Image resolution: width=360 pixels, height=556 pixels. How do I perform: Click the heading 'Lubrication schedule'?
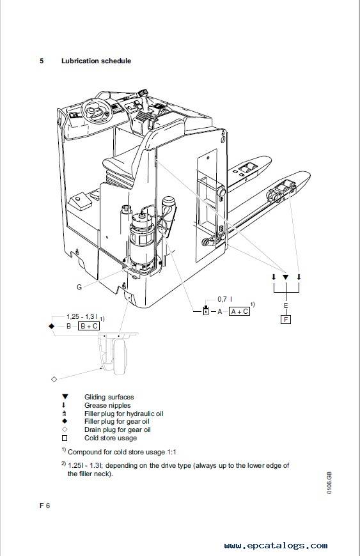[96, 61]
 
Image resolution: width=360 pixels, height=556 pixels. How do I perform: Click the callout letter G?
[79, 287]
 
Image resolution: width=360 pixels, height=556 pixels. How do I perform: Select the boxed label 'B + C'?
[89, 326]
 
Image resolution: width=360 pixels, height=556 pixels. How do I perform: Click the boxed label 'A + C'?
[239, 311]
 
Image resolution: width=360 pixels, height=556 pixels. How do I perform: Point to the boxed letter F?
[286, 320]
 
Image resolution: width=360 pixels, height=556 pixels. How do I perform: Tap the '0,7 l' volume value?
[225, 300]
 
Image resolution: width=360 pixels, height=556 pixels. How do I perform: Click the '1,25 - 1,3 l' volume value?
[83, 316]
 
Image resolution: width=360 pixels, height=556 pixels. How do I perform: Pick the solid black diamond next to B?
[52, 326]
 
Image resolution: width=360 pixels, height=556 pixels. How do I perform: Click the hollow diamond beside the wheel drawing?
[54, 379]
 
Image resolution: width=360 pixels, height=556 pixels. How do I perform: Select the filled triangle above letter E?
[286, 277]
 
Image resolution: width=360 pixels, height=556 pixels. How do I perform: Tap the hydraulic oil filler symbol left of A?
[206, 311]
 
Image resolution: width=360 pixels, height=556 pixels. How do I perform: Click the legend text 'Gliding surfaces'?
[109, 397]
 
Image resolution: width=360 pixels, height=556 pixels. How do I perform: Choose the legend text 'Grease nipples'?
[107, 405]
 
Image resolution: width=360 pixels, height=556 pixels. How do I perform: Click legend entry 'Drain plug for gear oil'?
[118, 429]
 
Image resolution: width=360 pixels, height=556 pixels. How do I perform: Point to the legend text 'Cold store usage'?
[111, 438]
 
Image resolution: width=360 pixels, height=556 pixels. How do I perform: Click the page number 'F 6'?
[45, 506]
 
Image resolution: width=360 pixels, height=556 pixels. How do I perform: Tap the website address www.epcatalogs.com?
[276, 545]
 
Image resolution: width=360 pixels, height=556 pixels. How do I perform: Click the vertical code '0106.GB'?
[329, 483]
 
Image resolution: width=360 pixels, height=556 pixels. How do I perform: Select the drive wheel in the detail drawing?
[120, 356]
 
